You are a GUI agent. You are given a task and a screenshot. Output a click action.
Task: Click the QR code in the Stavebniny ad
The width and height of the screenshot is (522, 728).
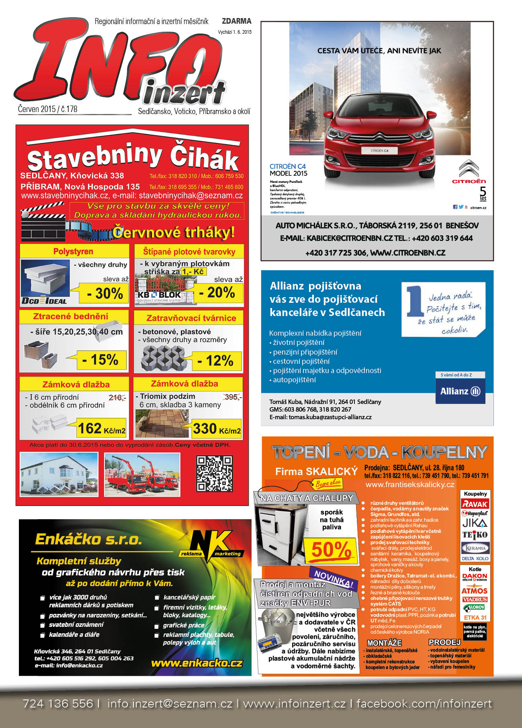point(214,474)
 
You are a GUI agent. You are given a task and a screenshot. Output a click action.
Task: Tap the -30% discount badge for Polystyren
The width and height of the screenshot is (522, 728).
point(104,294)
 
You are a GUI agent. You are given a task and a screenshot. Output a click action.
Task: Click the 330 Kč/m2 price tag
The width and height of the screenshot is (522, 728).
point(216,429)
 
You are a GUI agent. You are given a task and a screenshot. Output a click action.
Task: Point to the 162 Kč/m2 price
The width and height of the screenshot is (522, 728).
point(101,429)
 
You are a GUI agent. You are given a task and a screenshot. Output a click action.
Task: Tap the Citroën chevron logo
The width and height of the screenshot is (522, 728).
point(469,168)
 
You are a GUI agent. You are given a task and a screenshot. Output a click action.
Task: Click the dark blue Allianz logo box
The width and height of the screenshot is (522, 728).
point(460,391)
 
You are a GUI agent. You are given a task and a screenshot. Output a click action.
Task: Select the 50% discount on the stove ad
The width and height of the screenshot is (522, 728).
point(331,550)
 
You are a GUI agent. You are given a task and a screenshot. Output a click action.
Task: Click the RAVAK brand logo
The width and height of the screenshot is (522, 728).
point(475,504)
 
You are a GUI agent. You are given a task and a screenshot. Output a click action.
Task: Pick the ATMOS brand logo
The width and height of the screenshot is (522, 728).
point(474,591)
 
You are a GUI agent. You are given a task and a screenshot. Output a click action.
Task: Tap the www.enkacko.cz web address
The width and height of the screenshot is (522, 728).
point(197,663)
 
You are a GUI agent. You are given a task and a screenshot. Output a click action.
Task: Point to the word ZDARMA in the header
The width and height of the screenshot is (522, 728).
point(236,21)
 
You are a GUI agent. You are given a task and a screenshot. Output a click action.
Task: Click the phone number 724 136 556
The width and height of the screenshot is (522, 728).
point(58,704)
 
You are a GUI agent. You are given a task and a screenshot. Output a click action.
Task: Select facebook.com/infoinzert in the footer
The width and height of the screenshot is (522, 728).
point(424,704)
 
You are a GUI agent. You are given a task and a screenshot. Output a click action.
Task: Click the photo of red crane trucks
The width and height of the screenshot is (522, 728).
point(142,474)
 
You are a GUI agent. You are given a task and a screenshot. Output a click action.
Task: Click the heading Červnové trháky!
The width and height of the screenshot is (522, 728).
point(174,232)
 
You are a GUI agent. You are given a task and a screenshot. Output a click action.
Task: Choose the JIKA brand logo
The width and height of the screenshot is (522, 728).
point(475,523)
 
